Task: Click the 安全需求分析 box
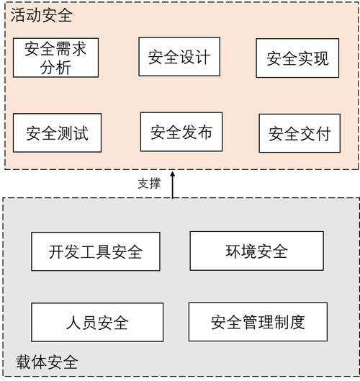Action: pos(55,58)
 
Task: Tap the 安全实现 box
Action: pos(297,58)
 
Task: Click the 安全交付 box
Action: pos(300,133)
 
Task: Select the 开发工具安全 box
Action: pos(96,251)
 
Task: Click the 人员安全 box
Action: pos(96,322)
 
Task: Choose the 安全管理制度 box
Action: pos(258,321)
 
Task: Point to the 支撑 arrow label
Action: pos(149,183)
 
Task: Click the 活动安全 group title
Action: pos(40,14)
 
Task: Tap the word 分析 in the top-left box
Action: pos(55,68)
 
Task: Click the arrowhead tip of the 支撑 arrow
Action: pos(172,173)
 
